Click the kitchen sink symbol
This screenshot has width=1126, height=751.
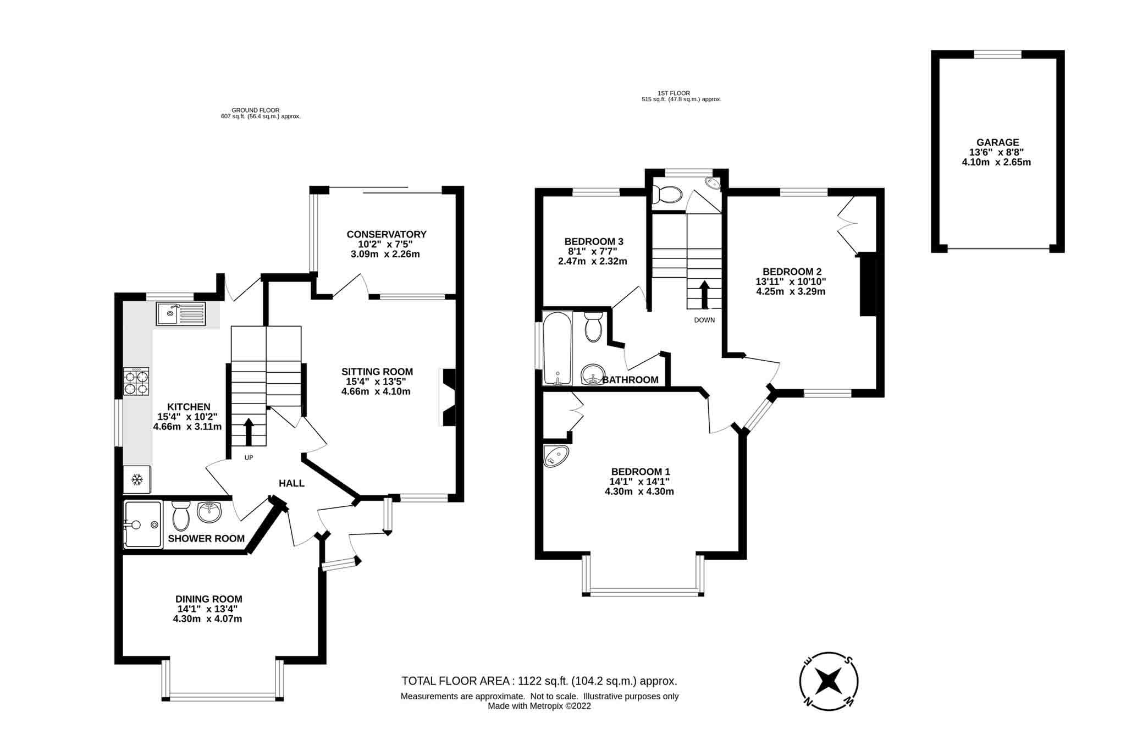[x=180, y=314]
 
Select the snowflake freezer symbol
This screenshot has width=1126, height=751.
[x=136, y=480]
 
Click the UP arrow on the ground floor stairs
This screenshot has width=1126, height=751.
[x=248, y=432]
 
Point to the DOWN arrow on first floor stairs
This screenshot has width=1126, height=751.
[x=704, y=295]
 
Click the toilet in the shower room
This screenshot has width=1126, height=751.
[x=180, y=516]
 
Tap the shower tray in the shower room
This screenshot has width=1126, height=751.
[x=142, y=524]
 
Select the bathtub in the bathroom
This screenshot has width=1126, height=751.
[x=558, y=348]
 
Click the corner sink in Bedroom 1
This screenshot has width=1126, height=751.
[x=555, y=456]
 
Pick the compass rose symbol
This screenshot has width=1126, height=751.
[x=828, y=681]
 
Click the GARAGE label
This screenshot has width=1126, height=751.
[x=997, y=142]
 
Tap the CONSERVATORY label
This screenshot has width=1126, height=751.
[x=386, y=234]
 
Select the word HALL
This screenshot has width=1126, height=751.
[x=291, y=483]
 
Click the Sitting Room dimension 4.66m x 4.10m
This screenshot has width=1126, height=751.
[x=376, y=391]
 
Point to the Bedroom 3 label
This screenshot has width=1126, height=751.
[x=593, y=241]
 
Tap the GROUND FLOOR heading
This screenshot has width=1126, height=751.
[x=255, y=110]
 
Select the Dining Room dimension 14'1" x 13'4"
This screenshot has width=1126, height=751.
[x=207, y=609]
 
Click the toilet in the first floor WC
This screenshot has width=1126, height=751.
[x=667, y=195]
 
